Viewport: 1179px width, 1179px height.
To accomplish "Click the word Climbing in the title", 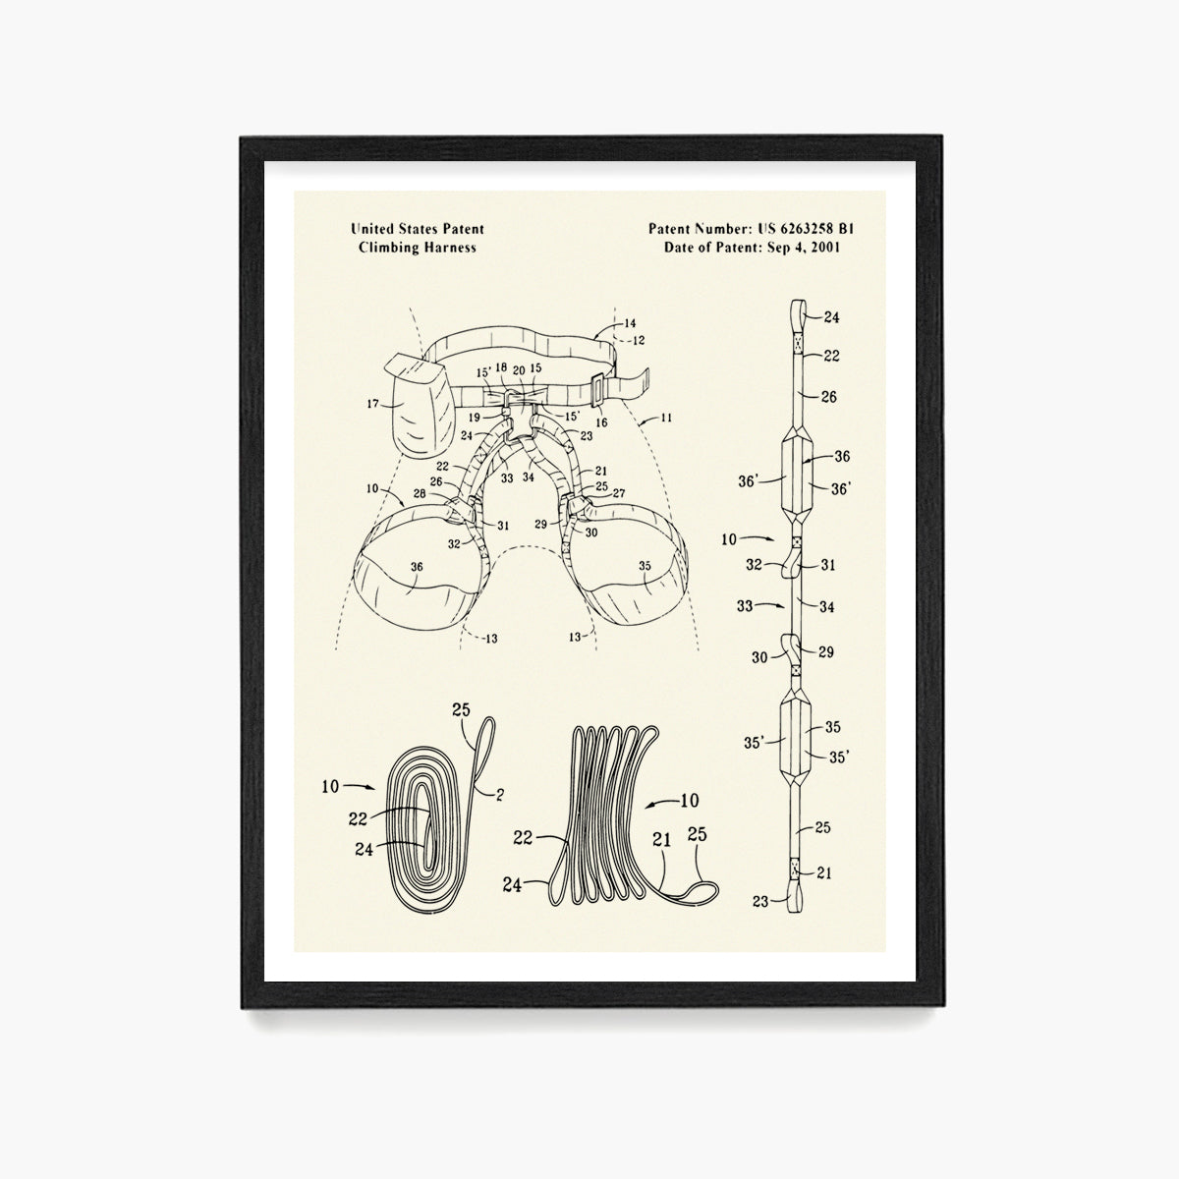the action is [389, 248].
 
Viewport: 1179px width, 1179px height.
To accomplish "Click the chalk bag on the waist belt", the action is [421, 402].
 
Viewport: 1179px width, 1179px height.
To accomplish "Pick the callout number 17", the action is [372, 404].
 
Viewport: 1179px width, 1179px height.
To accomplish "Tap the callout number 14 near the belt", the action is [630, 323].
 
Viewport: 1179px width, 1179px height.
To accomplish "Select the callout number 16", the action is [602, 422].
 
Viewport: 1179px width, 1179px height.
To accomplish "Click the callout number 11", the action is [666, 418].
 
